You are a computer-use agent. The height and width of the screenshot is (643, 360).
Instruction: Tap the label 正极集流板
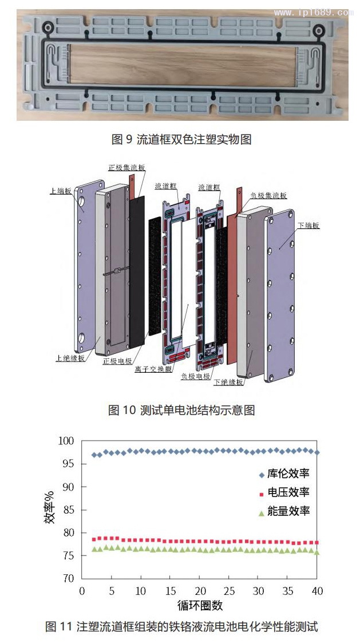pyautogui.click(x=126, y=168)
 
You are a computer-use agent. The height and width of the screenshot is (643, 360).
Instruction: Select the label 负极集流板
pyautogui.click(x=268, y=195)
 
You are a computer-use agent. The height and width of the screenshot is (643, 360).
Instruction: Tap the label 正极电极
pyautogui.click(x=117, y=361)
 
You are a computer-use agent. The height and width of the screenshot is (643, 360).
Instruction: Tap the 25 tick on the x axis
pyautogui.click(x=229, y=590)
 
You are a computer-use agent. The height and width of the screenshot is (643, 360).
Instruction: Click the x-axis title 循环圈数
pyautogui.click(x=200, y=605)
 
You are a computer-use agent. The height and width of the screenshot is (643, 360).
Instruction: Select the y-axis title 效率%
pyautogui.click(x=50, y=510)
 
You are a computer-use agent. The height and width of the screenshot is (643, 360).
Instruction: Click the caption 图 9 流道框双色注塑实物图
pyautogui.click(x=181, y=139)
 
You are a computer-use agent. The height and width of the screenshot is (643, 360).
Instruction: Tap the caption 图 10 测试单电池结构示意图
pyautogui.click(x=181, y=410)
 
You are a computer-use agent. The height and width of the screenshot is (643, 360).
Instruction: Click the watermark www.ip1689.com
pyautogui.click(x=317, y=12)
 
